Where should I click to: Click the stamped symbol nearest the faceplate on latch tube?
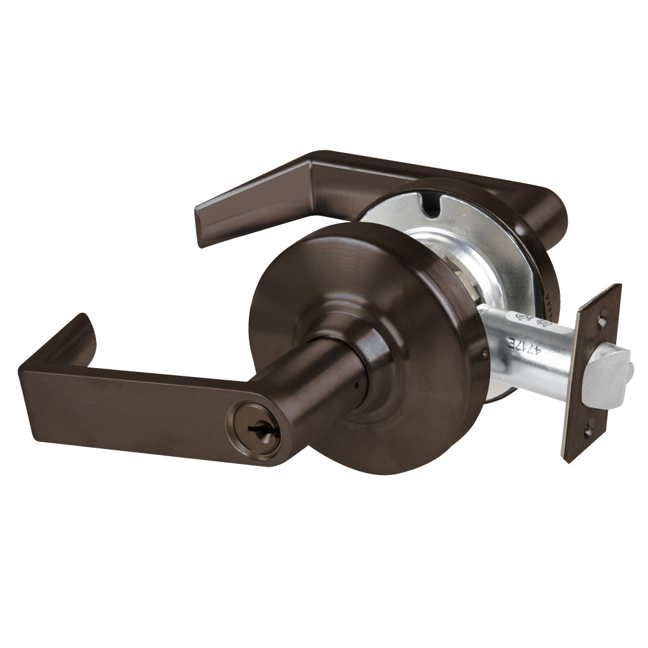coord(544,322)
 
